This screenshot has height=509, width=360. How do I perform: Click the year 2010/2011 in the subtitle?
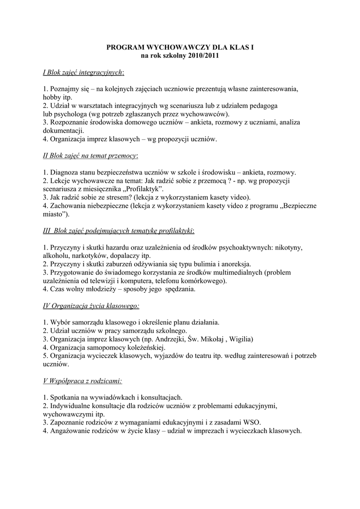click(x=204, y=56)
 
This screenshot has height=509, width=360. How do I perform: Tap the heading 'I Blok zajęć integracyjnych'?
click(x=83, y=72)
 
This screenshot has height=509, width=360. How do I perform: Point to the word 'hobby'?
click(x=51, y=97)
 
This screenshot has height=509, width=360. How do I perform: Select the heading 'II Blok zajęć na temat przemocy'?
click(x=90, y=156)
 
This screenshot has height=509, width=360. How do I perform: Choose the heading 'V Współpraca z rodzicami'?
click(x=82, y=381)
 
